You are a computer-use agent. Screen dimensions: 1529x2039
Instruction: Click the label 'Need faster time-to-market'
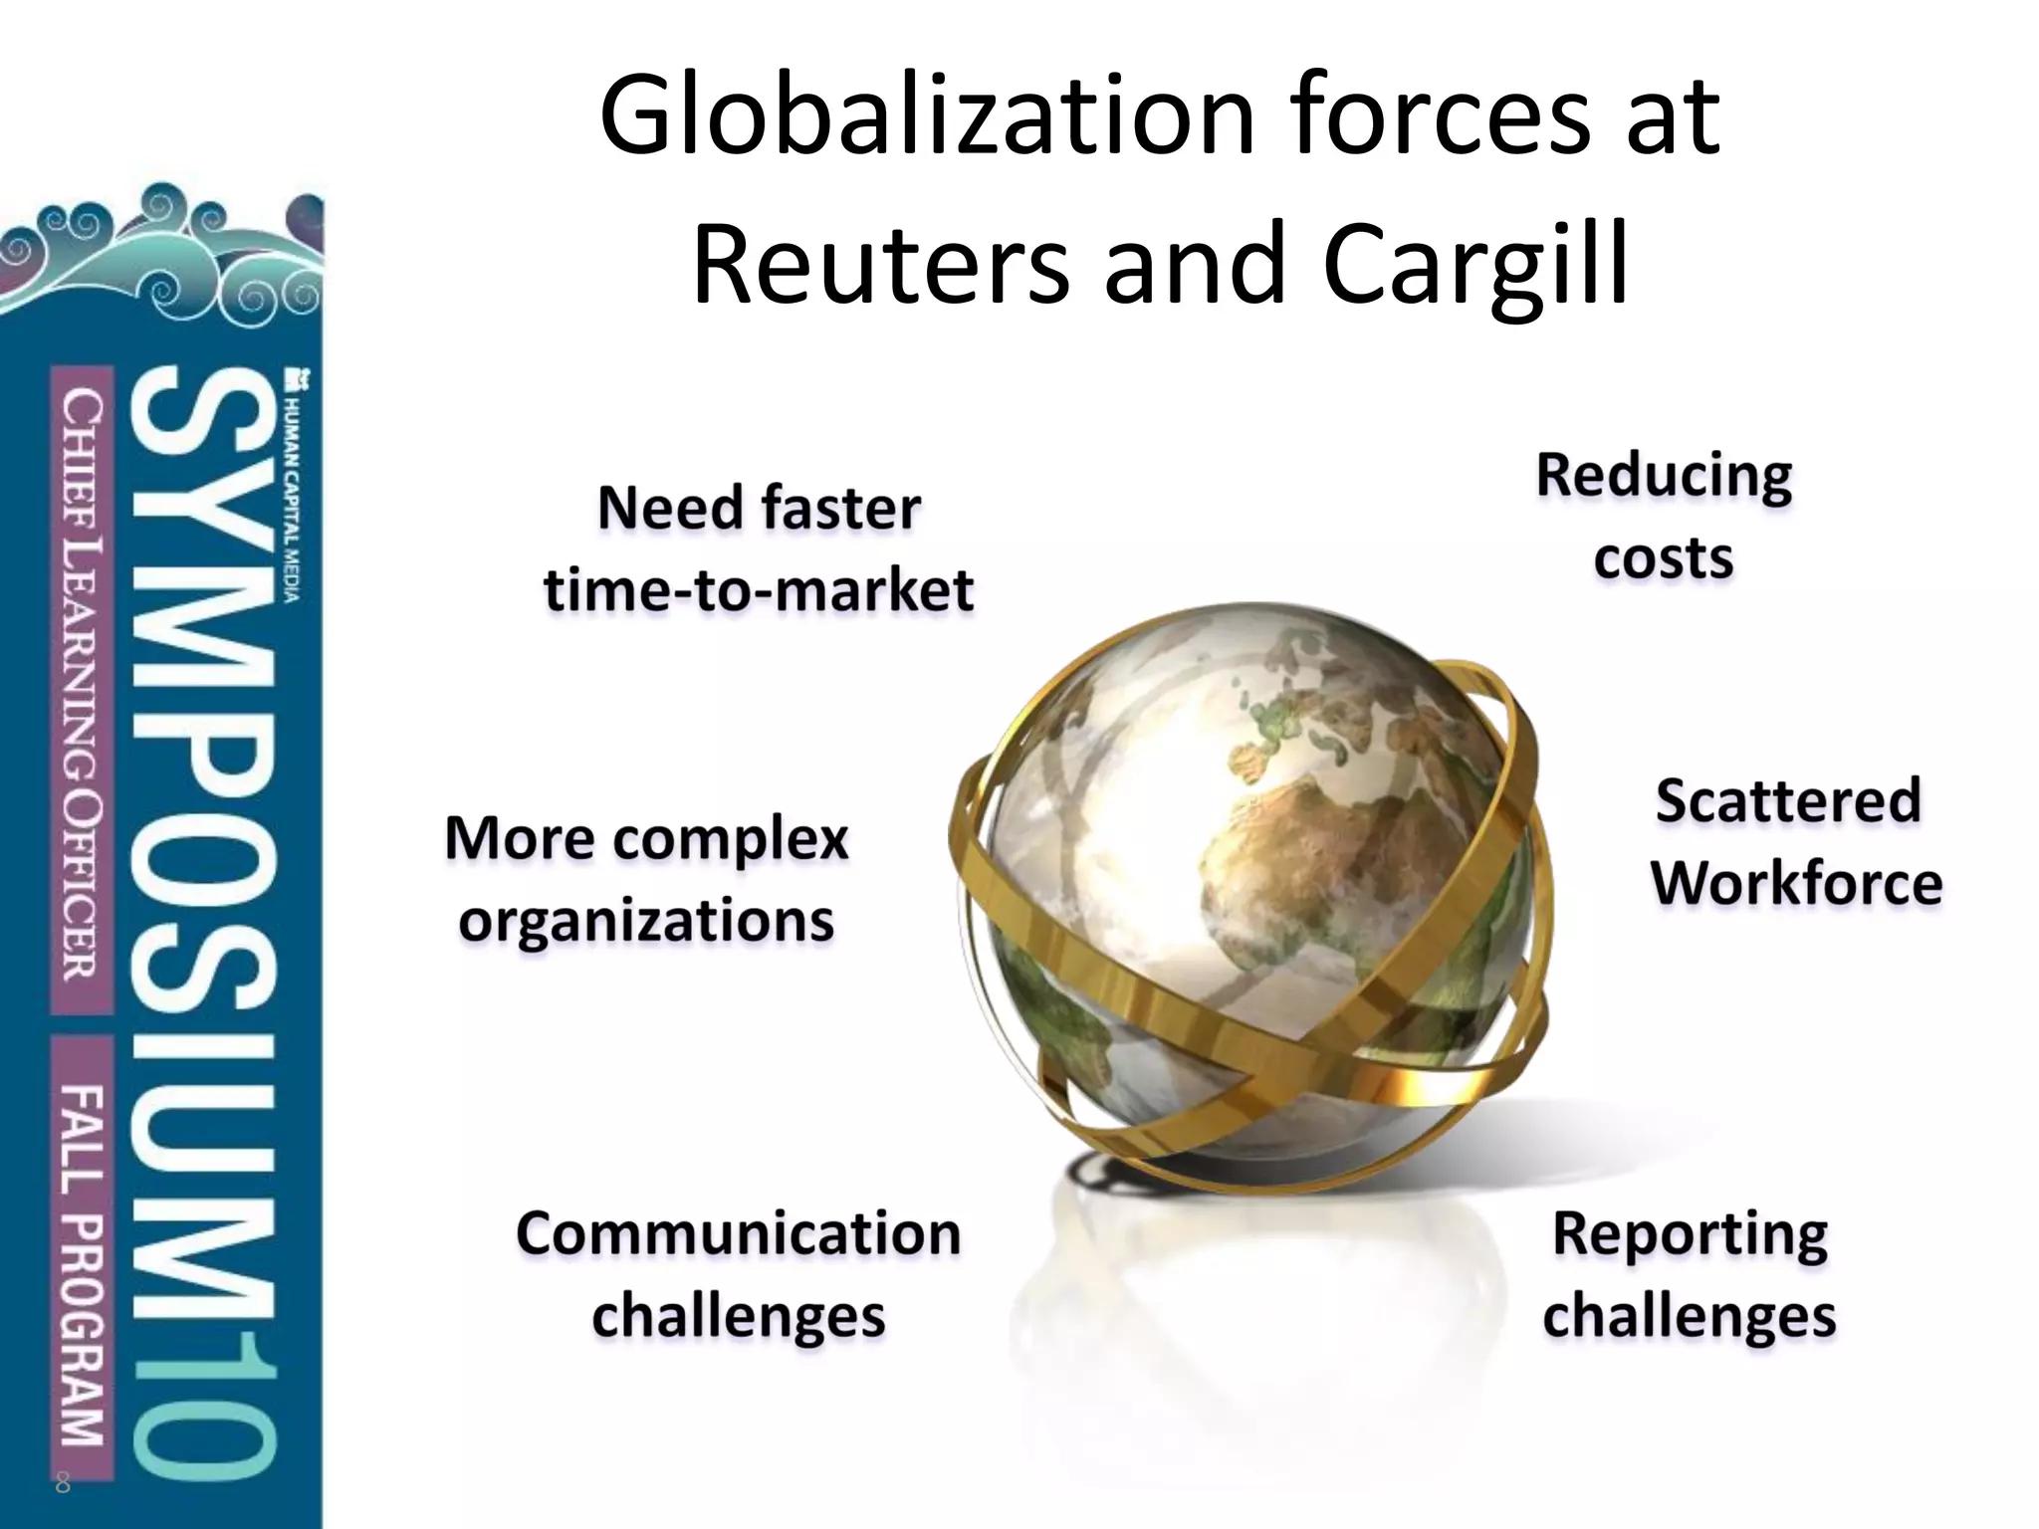759,548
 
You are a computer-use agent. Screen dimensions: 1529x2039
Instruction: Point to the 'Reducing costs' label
1664,516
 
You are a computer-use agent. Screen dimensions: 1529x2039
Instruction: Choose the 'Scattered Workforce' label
1795,842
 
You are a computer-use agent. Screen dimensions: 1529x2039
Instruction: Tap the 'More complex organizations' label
646,879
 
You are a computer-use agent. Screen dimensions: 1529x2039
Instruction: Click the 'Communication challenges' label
738,1275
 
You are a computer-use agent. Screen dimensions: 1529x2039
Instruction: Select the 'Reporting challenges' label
1690,1275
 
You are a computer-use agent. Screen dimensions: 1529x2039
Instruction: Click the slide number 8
63,1484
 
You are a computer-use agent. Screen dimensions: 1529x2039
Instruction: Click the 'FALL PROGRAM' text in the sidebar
82,1264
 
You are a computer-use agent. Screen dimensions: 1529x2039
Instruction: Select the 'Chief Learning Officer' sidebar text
82,687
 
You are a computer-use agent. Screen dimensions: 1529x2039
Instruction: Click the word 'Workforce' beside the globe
1797,883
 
